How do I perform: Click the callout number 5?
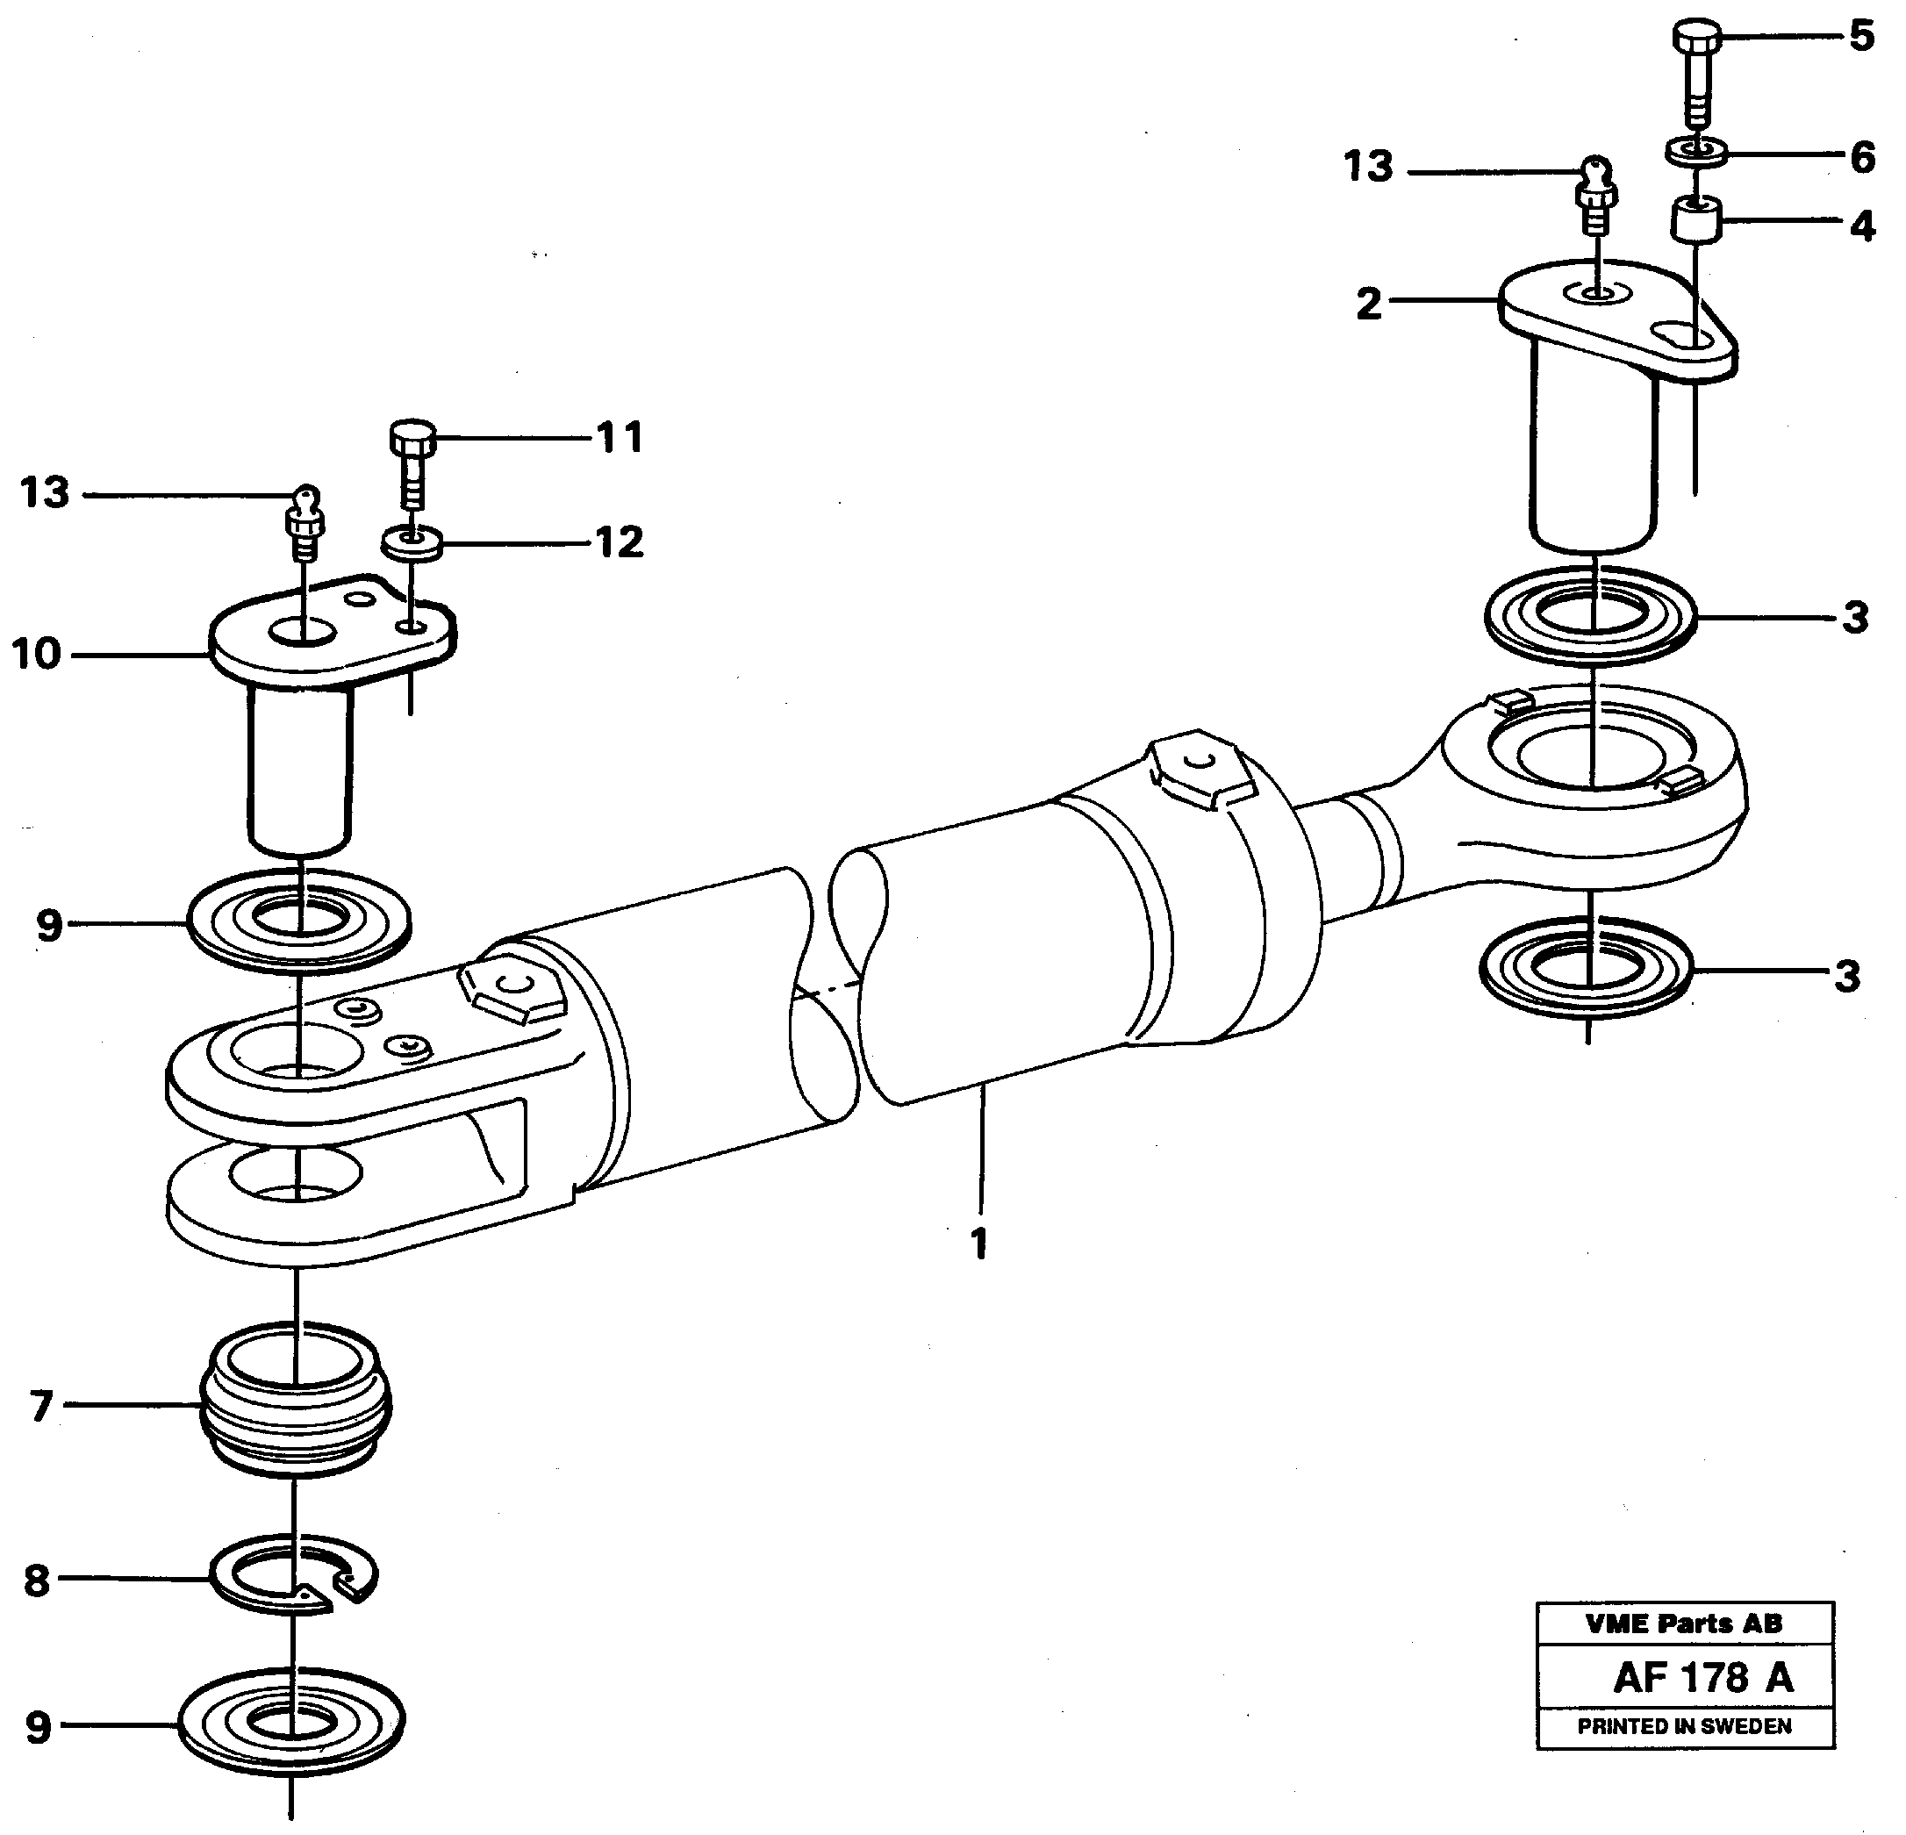pos(1861,36)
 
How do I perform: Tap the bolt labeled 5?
pos(1696,73)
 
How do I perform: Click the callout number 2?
pos(1368,305)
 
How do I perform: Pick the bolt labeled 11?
pos(412,462)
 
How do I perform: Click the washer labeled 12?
pos(412,542)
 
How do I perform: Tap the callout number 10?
pos(37,655)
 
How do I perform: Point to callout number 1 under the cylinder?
pos(979,1244)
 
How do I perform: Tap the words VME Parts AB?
pos(1684,1623)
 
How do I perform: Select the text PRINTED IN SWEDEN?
pos(1684,1726)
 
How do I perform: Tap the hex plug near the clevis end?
pos(511,991)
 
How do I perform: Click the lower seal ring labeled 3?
pos(1586,971)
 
